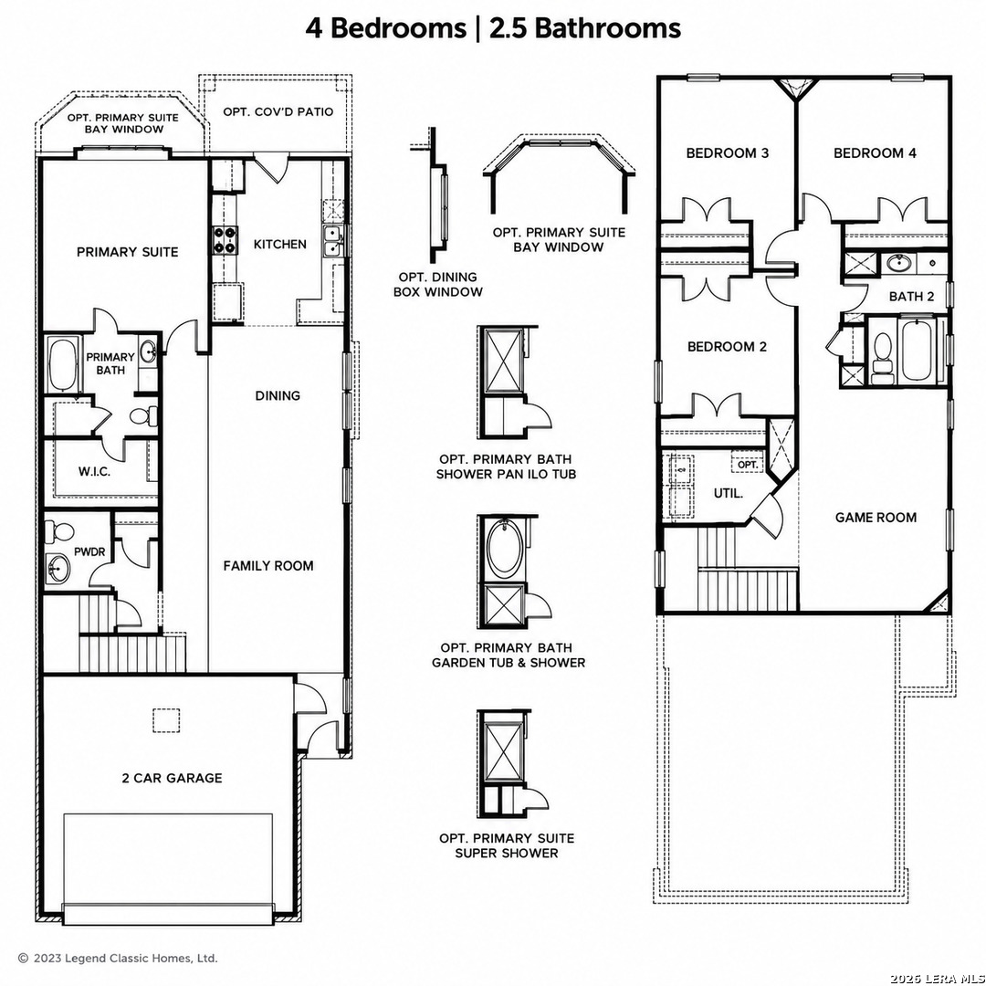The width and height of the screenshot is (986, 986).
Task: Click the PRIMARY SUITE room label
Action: (127, 252)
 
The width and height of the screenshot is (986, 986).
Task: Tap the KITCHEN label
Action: (280, 244)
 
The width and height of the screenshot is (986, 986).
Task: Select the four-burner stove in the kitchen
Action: (225, 240)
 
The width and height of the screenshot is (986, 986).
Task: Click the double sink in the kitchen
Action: (332, 241)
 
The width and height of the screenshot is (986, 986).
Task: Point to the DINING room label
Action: (278, 395)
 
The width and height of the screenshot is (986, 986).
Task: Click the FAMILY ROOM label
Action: (268, 566)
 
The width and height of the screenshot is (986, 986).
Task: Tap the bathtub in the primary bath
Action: (62, 364)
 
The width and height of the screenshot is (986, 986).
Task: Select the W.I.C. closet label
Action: (94, 472)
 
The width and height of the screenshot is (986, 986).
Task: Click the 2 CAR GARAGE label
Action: (172, 778)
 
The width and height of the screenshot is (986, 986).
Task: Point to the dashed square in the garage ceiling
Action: (166, 720)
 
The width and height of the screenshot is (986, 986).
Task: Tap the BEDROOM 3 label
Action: (728, 152)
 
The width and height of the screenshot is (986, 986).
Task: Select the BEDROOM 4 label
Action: (875, 152)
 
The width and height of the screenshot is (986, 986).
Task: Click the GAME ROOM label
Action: (876, 518)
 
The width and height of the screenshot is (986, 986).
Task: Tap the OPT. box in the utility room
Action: (748, 464)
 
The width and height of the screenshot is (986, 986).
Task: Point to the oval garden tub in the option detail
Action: (503, 549)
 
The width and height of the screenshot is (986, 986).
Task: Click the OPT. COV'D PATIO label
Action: (278, 112)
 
